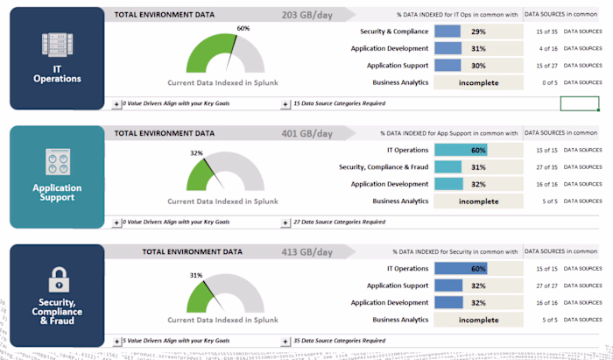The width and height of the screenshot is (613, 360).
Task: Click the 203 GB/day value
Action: click(x=307, y=15)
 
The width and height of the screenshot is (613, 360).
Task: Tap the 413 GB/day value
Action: click(x=307, y=251)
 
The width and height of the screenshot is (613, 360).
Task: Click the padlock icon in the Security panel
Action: click(x=57, y=279)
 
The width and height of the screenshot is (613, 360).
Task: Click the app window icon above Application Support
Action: click(x=57, y=162)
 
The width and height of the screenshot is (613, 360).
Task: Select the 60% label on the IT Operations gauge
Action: click(x=243, y=29)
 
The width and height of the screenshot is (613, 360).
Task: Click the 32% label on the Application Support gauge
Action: click(x=196, y=152)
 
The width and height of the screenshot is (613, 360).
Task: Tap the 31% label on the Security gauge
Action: click(x=196, y=275)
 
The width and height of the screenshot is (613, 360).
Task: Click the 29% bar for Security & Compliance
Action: click(x=447, y=32)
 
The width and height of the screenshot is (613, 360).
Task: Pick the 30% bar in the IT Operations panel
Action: click(x=447, y=65)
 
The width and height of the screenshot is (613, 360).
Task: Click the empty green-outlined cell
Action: click(x=579, y=103)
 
